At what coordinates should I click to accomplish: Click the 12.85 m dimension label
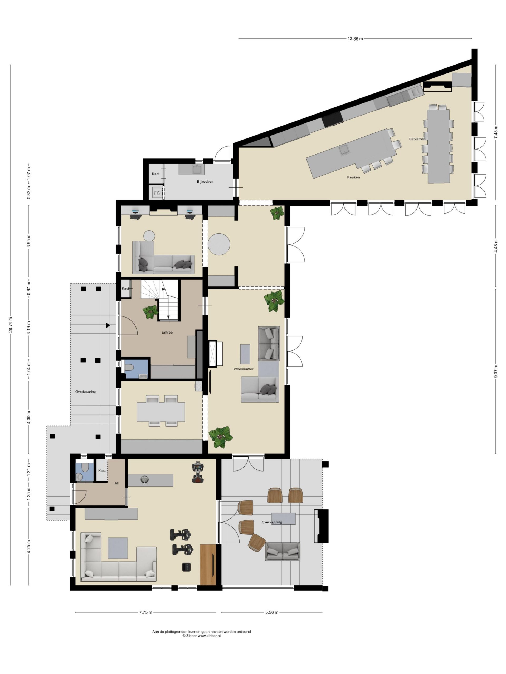(355, 39)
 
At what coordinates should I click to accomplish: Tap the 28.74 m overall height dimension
(11, 325)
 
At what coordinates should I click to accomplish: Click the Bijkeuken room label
(205, 182)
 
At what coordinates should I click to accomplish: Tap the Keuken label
(353, 177)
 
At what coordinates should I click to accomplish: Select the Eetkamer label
(417, 139)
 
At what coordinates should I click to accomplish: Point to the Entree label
(167, 333)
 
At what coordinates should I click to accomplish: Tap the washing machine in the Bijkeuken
(157, 192)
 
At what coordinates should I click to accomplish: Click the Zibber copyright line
(201, 636)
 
